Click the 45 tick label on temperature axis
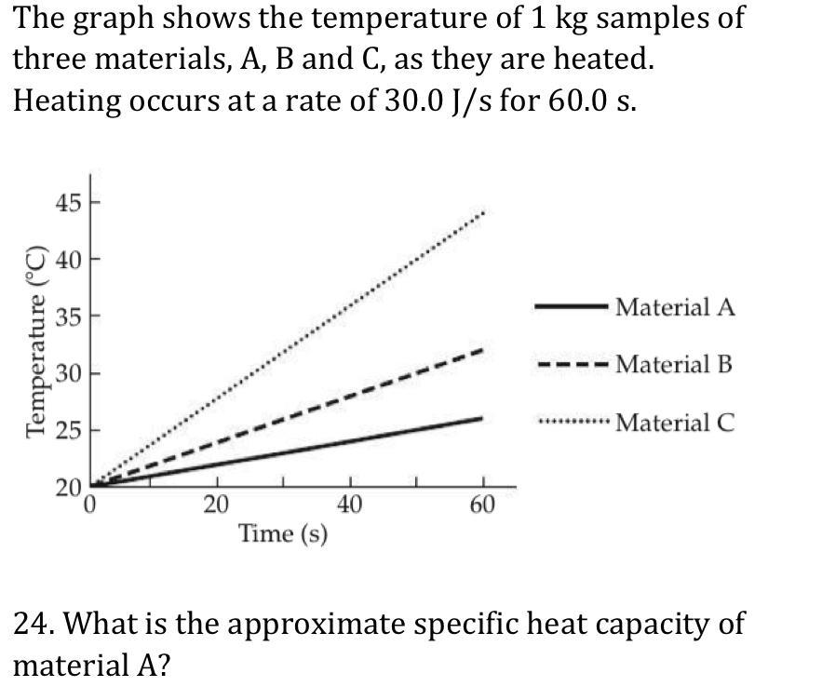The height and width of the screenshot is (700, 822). click(67, 201)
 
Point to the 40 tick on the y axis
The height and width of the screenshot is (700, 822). click(67, 259)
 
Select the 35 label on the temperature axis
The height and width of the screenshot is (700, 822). click(67, 316)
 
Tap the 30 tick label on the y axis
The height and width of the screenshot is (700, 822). click(67, 374)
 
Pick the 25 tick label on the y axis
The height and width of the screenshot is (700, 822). click(67, 431)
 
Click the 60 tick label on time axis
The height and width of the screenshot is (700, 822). click(483, 505)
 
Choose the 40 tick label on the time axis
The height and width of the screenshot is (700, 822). click(350, 505)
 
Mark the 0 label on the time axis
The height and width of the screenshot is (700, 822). click(91, 505)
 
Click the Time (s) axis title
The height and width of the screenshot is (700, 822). click(283, 534)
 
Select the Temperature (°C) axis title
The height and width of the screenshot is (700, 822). click(36, 341)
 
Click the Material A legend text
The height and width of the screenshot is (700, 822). click(675, 307)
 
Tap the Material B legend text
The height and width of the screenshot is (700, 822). click(674, 364)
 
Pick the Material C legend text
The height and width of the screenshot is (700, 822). click(675, 423)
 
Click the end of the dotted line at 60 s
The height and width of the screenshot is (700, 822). click(483, 213)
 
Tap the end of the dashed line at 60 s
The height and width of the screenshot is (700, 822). click(482, 350)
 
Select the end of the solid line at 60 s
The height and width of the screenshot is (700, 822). click(481, 419)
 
